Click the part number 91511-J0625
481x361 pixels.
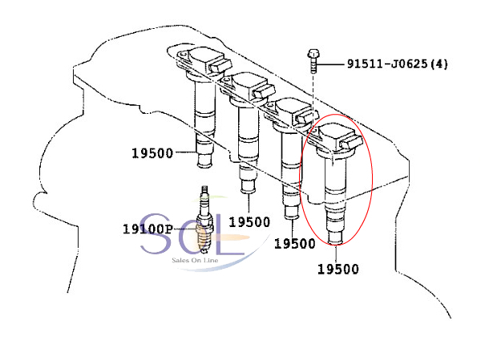tap(387, 64)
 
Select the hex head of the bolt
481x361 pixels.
tap(313, 54)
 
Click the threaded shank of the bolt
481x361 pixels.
tap(313, 66)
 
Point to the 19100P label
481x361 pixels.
tap(148, 229)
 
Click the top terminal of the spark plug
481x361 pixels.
tap(204, 192)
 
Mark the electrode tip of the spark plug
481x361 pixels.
tap(204, 249)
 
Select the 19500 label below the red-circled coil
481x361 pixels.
tap(338, 270)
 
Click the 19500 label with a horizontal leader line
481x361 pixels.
tap(152, 153)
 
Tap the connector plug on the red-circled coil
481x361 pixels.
tap(352, 142)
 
